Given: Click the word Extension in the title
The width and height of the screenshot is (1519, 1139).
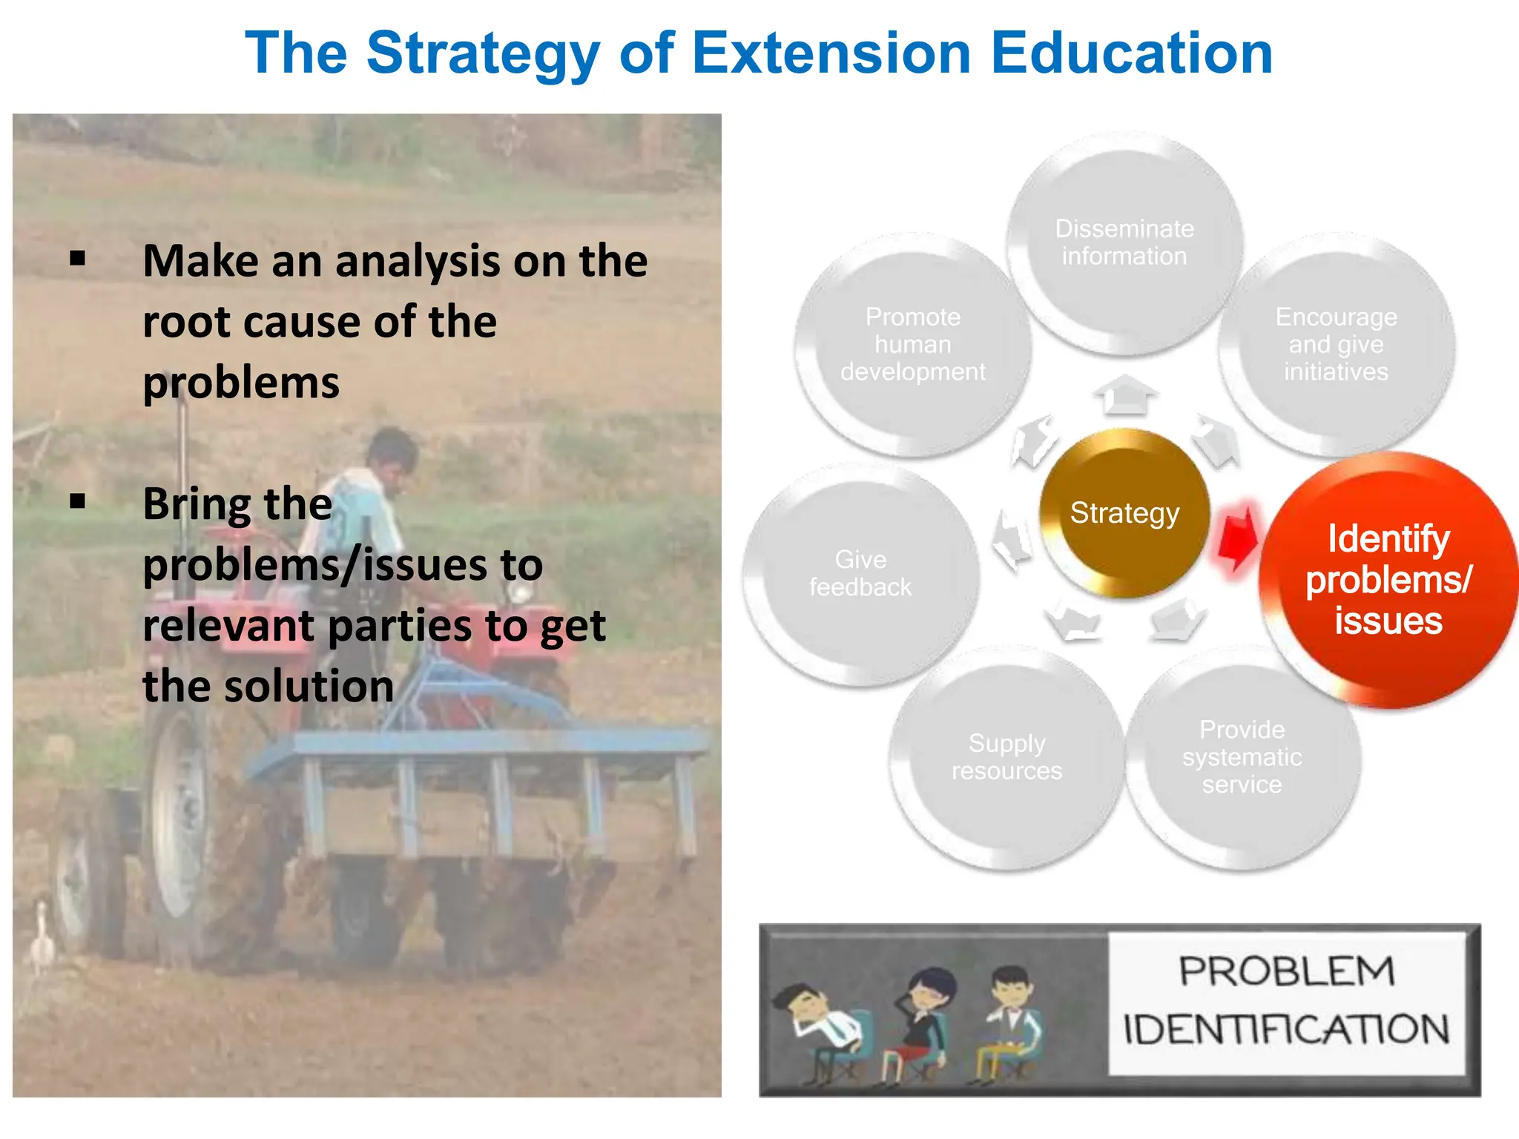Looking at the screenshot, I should click(x=831, y=53).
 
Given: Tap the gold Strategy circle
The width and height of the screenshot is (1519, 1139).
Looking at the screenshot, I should click(x=1124, y=513).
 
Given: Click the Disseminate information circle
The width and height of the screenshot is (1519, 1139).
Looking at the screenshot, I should click(x=1124, y=242).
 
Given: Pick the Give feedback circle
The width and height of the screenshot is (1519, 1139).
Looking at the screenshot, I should click(x=860, y=573).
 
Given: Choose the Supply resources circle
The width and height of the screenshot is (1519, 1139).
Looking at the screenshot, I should click(x=1006, y=757).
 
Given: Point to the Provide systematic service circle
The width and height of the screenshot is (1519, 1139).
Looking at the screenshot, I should click(x=1242, y=757).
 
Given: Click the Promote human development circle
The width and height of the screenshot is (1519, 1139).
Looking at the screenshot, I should click(x=913, y=344).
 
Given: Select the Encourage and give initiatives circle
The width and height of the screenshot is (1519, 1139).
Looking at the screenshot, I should click(x=1336, y=344).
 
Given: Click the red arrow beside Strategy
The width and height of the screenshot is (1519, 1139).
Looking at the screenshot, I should click(x=1237, y=539).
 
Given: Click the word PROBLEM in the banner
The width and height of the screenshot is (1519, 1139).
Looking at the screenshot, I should click(x=1287, y=971).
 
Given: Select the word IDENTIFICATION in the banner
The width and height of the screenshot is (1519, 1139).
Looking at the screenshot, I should click(x=1287, y=1029).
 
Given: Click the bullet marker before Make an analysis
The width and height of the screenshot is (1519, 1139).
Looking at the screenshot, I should click(x=78, y=259).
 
